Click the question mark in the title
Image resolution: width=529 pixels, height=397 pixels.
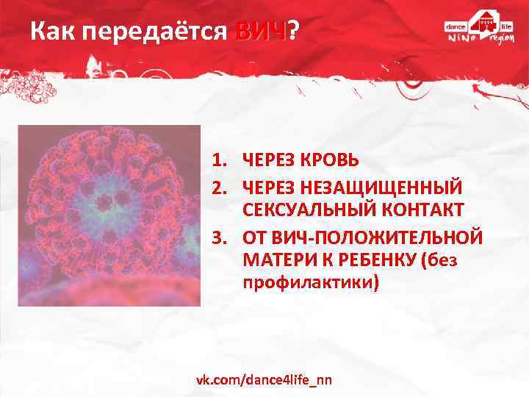coord(293,31)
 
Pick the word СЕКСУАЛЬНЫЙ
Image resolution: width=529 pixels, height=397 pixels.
coord(309,210)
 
